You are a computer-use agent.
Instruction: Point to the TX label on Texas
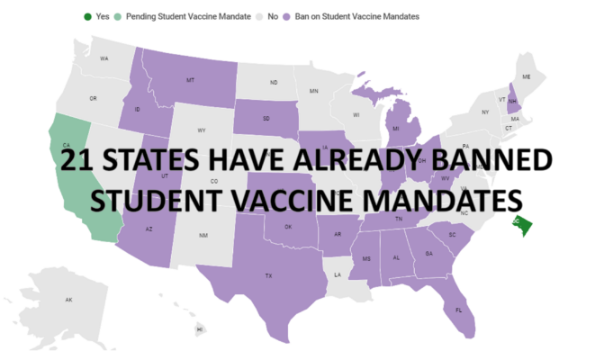pos(267,275)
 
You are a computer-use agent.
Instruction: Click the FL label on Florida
pos(458,310)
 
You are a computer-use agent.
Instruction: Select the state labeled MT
pos(190,80)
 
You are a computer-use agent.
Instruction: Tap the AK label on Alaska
pos(68,299)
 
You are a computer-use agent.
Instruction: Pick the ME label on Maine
pos(527,77)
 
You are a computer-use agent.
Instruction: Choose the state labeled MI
pos(395,129)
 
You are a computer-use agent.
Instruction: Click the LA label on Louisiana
pos(338,274)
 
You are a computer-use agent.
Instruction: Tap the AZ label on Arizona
pos(149,229)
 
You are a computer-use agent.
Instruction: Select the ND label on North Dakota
pos(274,83)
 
